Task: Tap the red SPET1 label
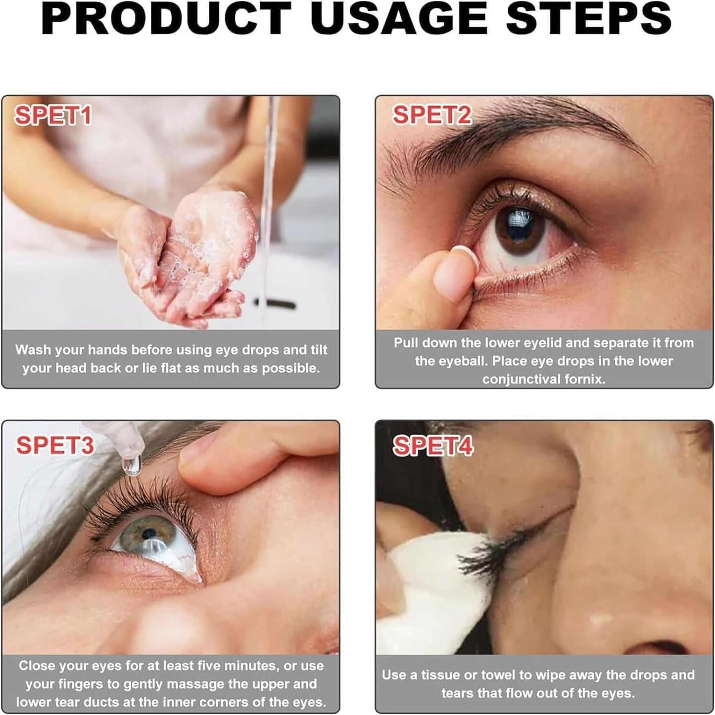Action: [53, 116]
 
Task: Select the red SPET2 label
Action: [432, 115]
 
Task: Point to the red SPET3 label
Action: [54, 445]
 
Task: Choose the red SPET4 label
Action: [433, 445]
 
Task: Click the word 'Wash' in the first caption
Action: [32, 350]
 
